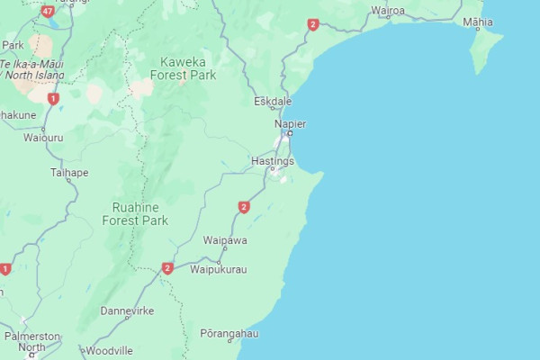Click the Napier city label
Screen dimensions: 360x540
291,122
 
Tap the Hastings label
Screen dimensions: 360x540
273,160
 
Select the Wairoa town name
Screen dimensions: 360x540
388,11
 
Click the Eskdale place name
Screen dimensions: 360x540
273,101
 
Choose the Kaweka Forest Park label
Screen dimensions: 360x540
188,68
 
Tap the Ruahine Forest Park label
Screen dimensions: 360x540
135,213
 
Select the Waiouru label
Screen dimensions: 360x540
43,138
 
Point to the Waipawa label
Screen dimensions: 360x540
225,240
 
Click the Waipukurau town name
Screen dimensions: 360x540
219,268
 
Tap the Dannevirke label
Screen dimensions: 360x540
127,310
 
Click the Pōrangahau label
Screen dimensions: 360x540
229,333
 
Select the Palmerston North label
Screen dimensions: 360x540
31,341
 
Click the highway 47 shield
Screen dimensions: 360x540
47,12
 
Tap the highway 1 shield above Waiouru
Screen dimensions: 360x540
53,98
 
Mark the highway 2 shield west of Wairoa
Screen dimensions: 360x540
312,24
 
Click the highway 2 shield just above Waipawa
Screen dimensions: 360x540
244,207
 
